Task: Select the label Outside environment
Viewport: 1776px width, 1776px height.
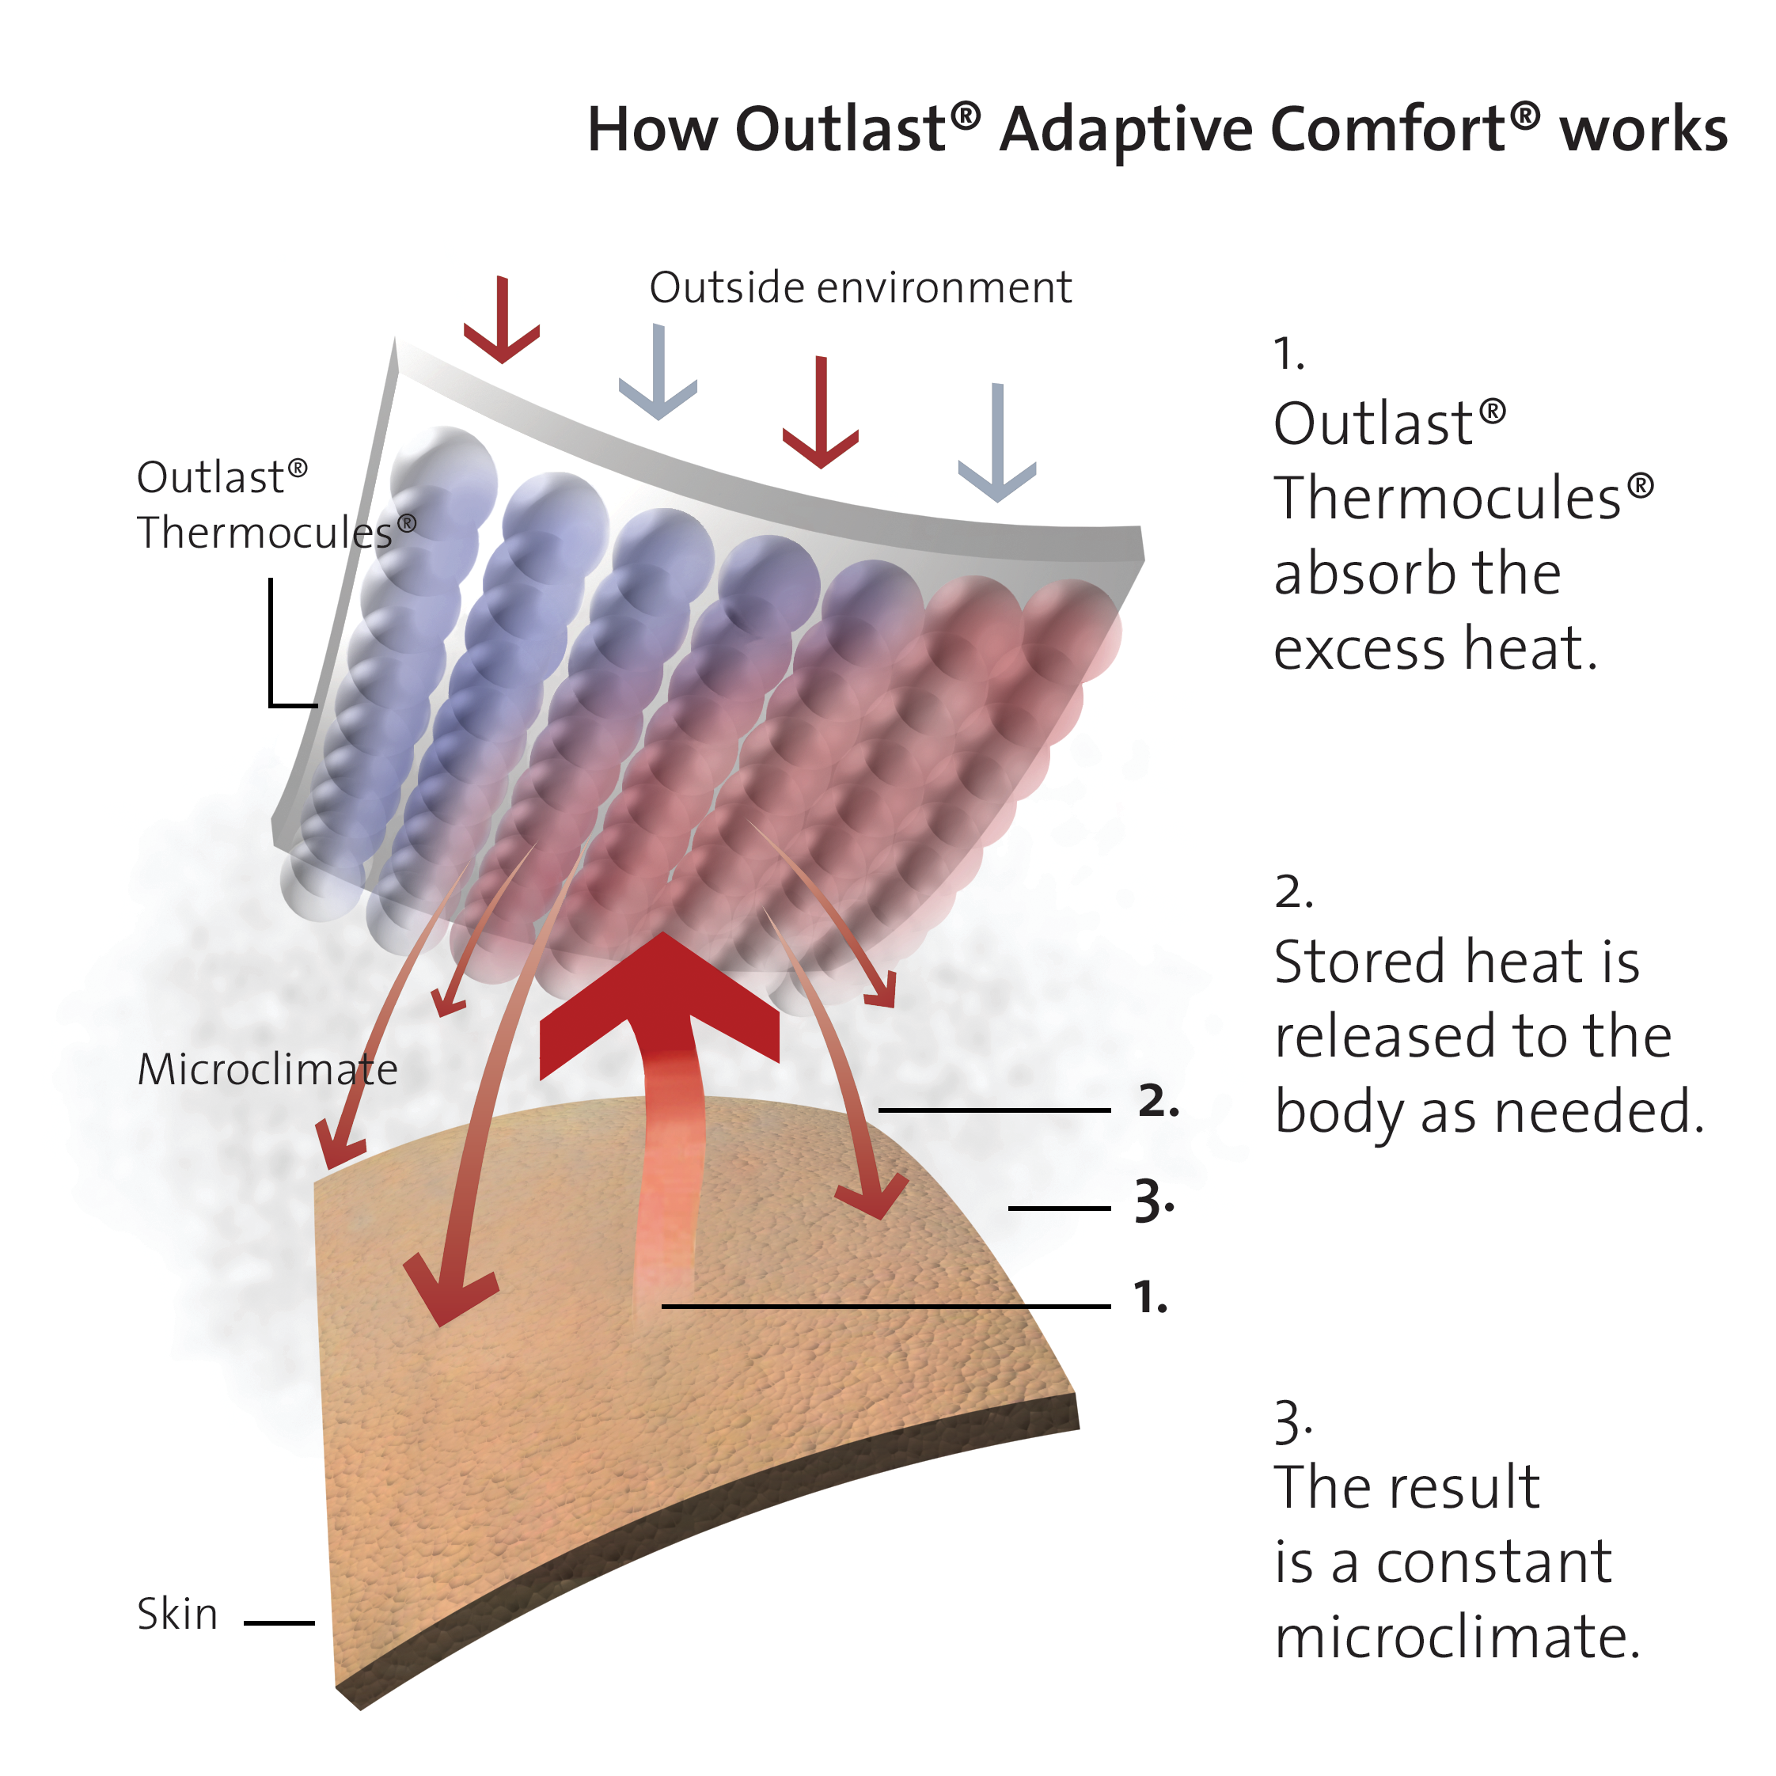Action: [x=860, y=288]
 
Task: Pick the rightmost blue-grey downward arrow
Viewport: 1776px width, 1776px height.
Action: [x=997, y=446]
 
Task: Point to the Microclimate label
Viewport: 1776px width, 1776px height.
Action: [x=268, y=1069]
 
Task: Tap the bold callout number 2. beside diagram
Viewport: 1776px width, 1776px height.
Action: [x=1158, y=1101]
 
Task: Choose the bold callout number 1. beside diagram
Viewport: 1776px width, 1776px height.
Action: [x=1150, y=1297]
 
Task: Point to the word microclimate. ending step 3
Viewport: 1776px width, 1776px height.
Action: [x=1457, y=1637]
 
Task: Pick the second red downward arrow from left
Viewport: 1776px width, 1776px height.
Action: [x=821, y=414]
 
